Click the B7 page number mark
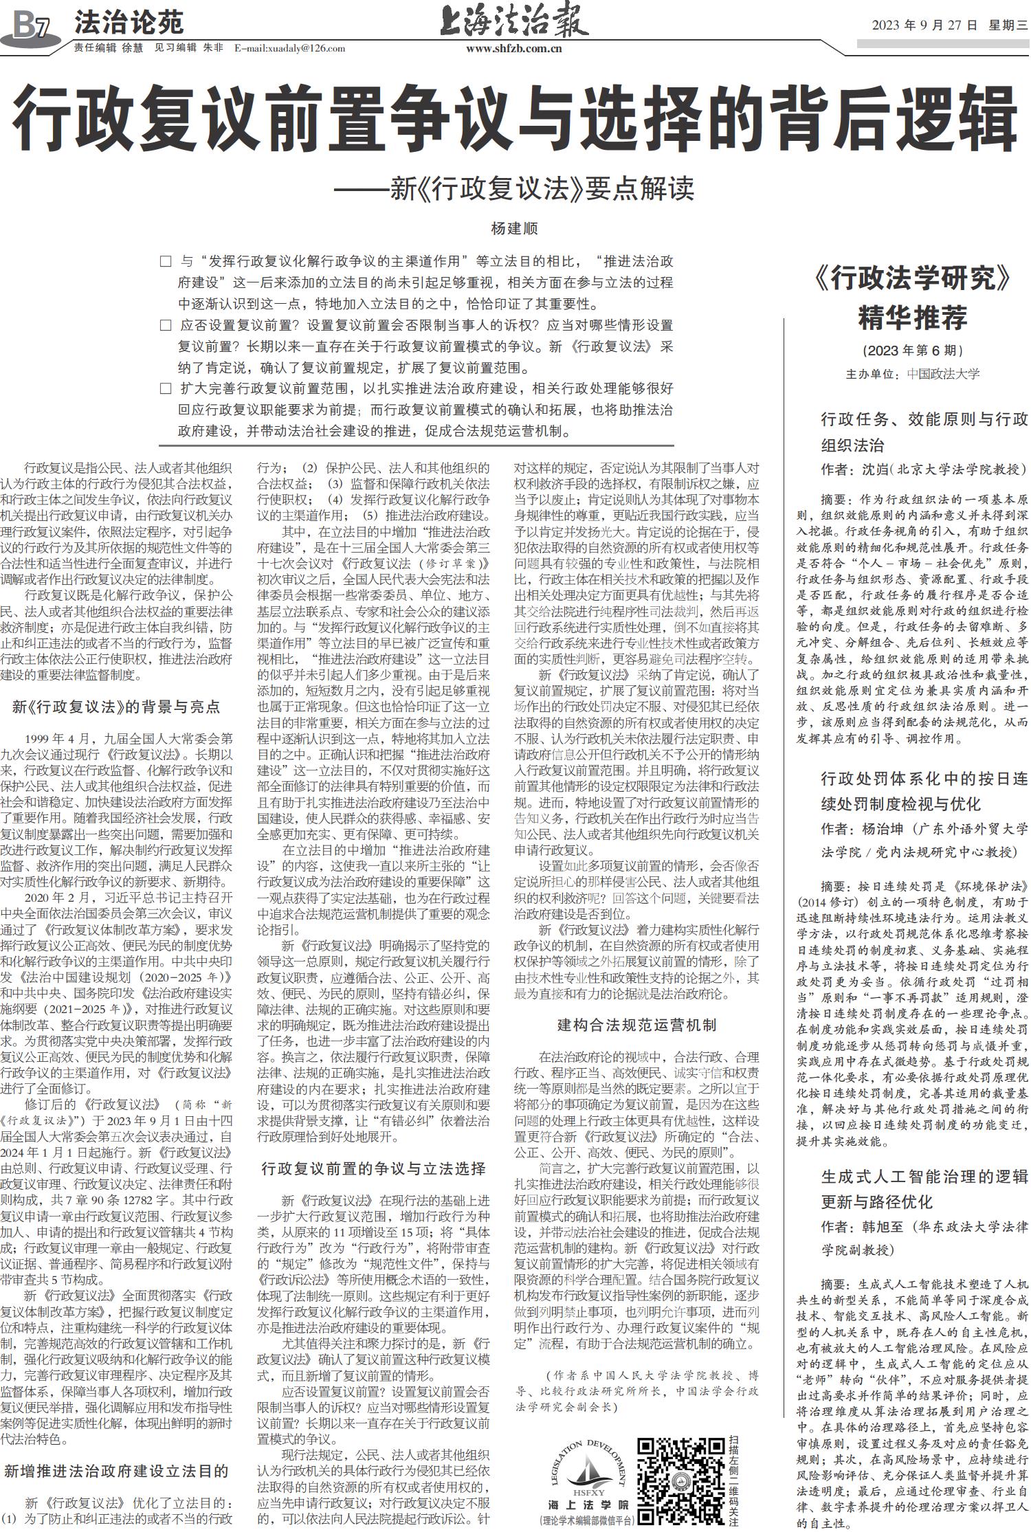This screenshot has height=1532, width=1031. (x=29, y=27)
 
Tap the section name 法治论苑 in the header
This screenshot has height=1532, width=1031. (x=129, y=23)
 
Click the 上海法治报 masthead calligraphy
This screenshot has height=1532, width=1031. (x=514, y=21)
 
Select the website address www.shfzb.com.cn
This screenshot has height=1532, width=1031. (x=513, y=48)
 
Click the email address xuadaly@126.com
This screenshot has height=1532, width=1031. (x=289, y=48)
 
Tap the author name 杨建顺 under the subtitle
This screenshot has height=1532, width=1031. (x=514, y=228)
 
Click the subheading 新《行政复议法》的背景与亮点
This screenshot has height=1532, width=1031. (x=116, y=707)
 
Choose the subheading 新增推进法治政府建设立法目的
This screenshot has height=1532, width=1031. (x=116, y=1471)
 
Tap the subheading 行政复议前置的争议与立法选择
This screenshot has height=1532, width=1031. (x=374, y=1168)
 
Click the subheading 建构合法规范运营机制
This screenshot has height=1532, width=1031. (x=636, y=1025)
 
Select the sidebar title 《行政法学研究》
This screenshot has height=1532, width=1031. (x=912, y=278)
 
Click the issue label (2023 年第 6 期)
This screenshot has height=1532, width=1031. (x=912, y=351)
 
